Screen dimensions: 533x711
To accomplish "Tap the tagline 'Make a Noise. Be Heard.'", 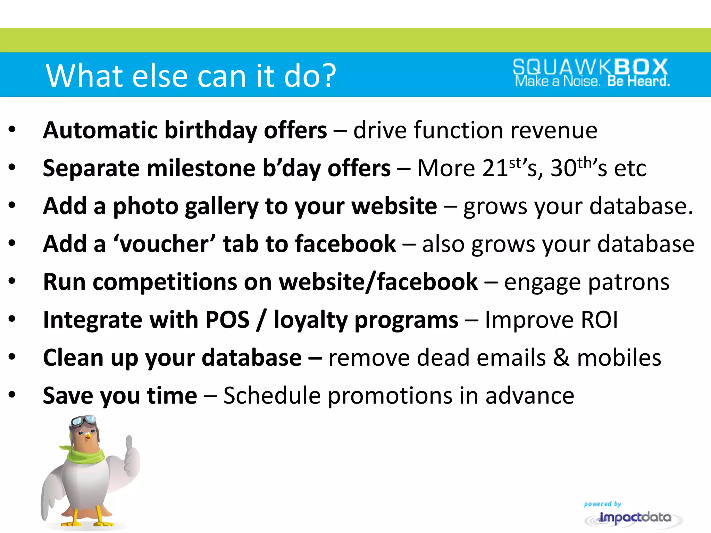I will point(592,82).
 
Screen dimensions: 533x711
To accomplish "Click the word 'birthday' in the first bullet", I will point(210,130).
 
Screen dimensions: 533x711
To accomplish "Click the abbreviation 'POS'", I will point(227,320).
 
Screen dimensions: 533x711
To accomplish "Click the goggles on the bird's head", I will point(83,421).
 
